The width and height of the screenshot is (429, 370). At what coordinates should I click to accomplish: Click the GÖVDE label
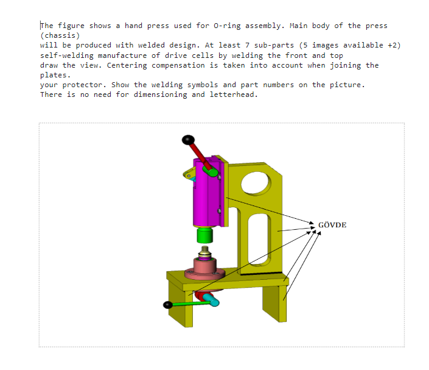pyautogui.click(x=332, y=225)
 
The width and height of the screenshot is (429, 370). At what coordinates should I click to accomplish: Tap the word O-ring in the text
pyautogui.click(x=228, y=26)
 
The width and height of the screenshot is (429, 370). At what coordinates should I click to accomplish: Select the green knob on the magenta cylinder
pyautogui.click(x=213, y=172)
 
